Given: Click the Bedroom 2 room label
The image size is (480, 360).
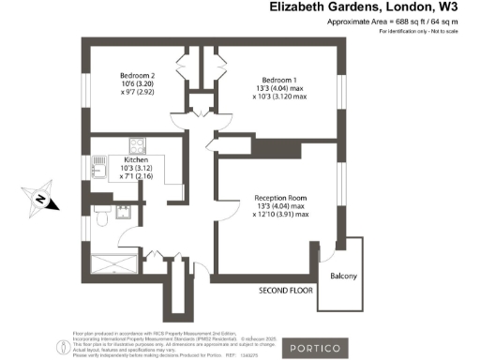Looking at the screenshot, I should coord(137,75).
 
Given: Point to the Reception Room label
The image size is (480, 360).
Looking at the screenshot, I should coord(282,198).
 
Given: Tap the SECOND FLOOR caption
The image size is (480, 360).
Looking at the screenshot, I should coord(285,292).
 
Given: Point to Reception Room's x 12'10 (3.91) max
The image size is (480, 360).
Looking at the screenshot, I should coord(282,215).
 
